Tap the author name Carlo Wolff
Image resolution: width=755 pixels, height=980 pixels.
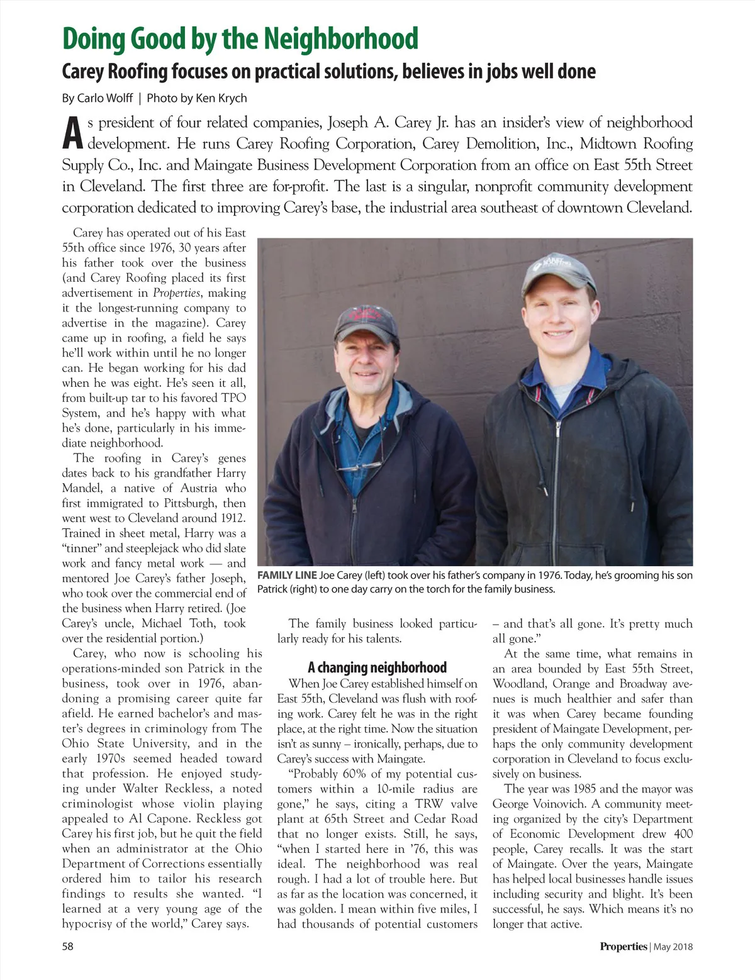pyautogui.click(x=105, y=98)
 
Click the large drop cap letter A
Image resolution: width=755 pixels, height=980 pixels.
pyautogui.click(x=72, y=134)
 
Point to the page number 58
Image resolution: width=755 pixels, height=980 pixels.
pyautogui.click(x=68, y=947)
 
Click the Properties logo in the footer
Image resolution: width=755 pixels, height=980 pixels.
pyautogui.click(x=623, y=947)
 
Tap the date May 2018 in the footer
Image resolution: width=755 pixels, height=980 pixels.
pyautogui.click(x=673, y=947)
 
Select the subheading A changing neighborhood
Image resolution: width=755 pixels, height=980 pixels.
pyautogui.click(x=377, y=667)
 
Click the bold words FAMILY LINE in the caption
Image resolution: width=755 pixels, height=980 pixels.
pyautogui.click(x=287, y=575)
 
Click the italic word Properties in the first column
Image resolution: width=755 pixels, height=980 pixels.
pyautogui.click(x=177, y=293)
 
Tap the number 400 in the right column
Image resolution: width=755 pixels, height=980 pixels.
pyautogui.click(x=682, y=834)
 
